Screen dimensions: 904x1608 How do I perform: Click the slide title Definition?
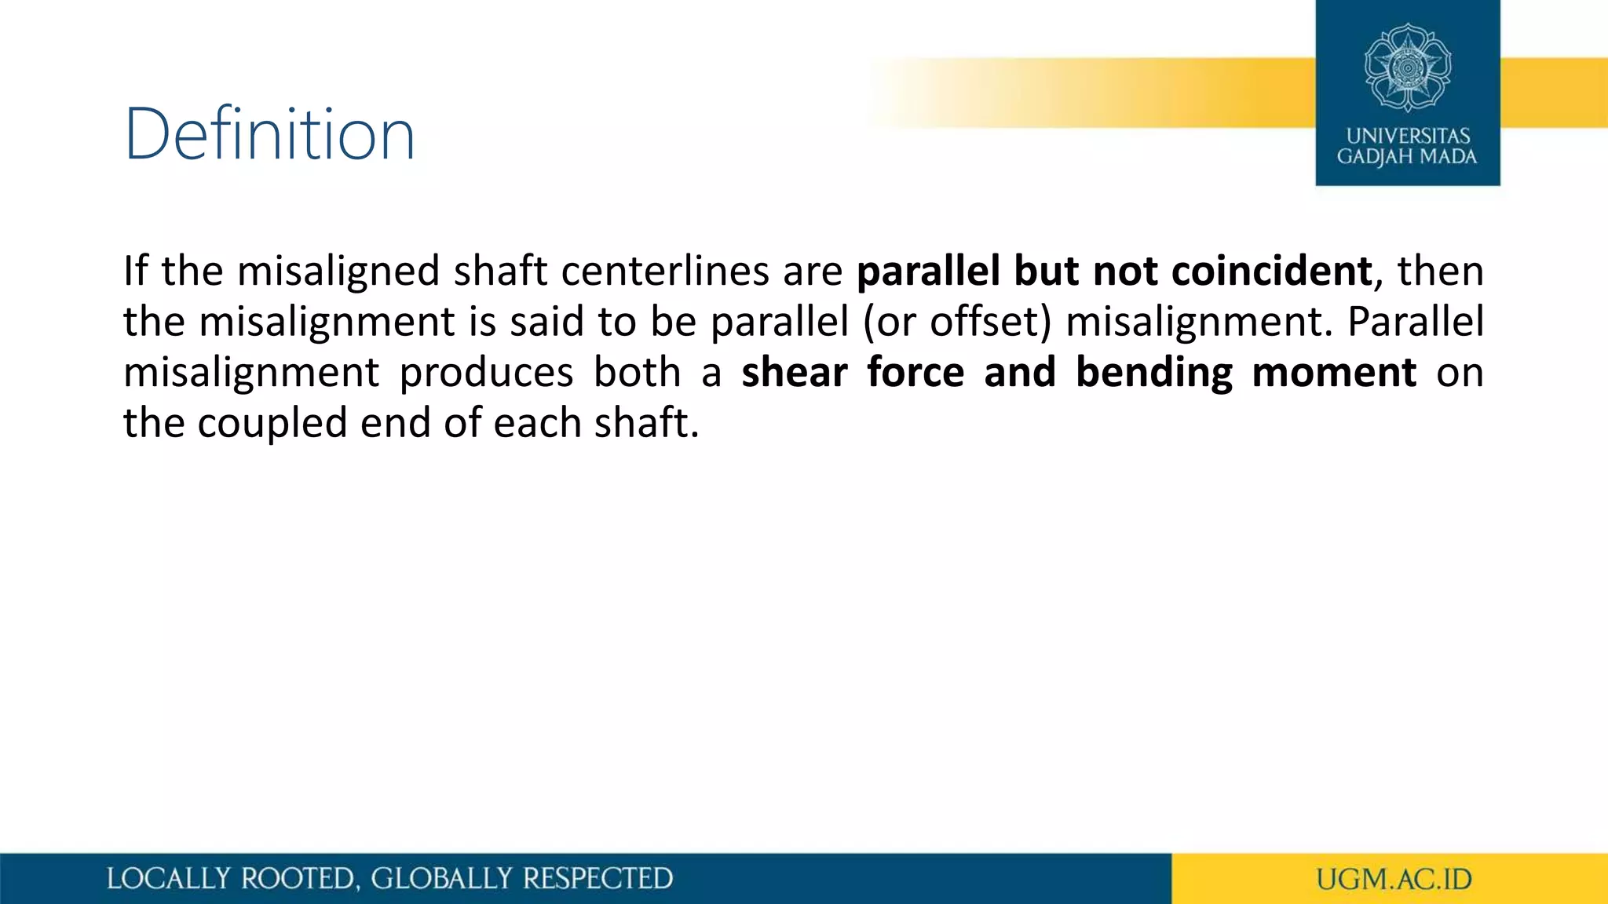tap(269, 134)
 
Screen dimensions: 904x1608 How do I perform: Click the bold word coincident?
tap(1271, 272)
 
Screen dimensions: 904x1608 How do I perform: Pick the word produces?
tap(486, 372)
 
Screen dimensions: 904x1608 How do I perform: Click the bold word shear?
tap(794, 372)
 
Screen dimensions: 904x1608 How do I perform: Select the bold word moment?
tap(1334, 372)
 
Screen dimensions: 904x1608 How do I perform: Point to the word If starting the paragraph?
tap(135, 272)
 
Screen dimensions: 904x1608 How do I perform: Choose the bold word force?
tap(915, 372)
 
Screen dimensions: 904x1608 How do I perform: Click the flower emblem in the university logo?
tap(1407, 67)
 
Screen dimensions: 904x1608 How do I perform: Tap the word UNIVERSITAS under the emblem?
tap(1408, 136)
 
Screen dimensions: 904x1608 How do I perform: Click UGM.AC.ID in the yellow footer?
tap(1394, 880)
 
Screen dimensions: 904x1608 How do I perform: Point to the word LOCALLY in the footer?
tap(169, 879)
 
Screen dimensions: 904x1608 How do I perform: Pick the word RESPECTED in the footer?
tap(598, 879)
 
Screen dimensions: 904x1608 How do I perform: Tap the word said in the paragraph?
tap(548, 322)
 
